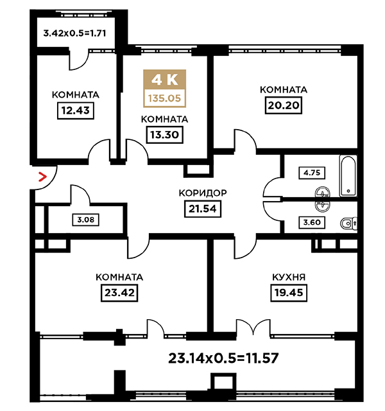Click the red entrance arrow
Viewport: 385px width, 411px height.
click(42, 177)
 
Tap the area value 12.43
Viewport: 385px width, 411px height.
click(76, 110)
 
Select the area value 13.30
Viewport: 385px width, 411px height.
click(164, 135)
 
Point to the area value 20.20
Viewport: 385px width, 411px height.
click(284, 105)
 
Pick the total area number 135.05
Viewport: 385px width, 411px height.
click(165, 98)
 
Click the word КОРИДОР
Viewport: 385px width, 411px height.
click(203, 193)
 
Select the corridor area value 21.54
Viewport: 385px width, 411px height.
click(203, 209)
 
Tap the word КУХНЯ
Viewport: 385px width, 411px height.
click(289, 277)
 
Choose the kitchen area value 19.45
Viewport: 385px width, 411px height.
click(289, 293)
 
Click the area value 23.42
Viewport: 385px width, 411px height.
click(119, 293)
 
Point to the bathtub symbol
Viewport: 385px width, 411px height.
click(348, 176)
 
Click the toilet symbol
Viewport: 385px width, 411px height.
click(348, 224)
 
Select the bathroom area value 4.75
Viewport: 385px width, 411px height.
click(312, 173)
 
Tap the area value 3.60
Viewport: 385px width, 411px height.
click(312, 223)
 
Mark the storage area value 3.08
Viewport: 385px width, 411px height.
click(85, 220)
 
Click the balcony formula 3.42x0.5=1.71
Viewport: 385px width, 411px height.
click(74, 33)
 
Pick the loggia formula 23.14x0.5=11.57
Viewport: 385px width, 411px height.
click(223, 358)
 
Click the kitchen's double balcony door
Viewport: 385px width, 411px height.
click(253, 328)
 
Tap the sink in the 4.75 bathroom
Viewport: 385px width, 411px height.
click(323, 193)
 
